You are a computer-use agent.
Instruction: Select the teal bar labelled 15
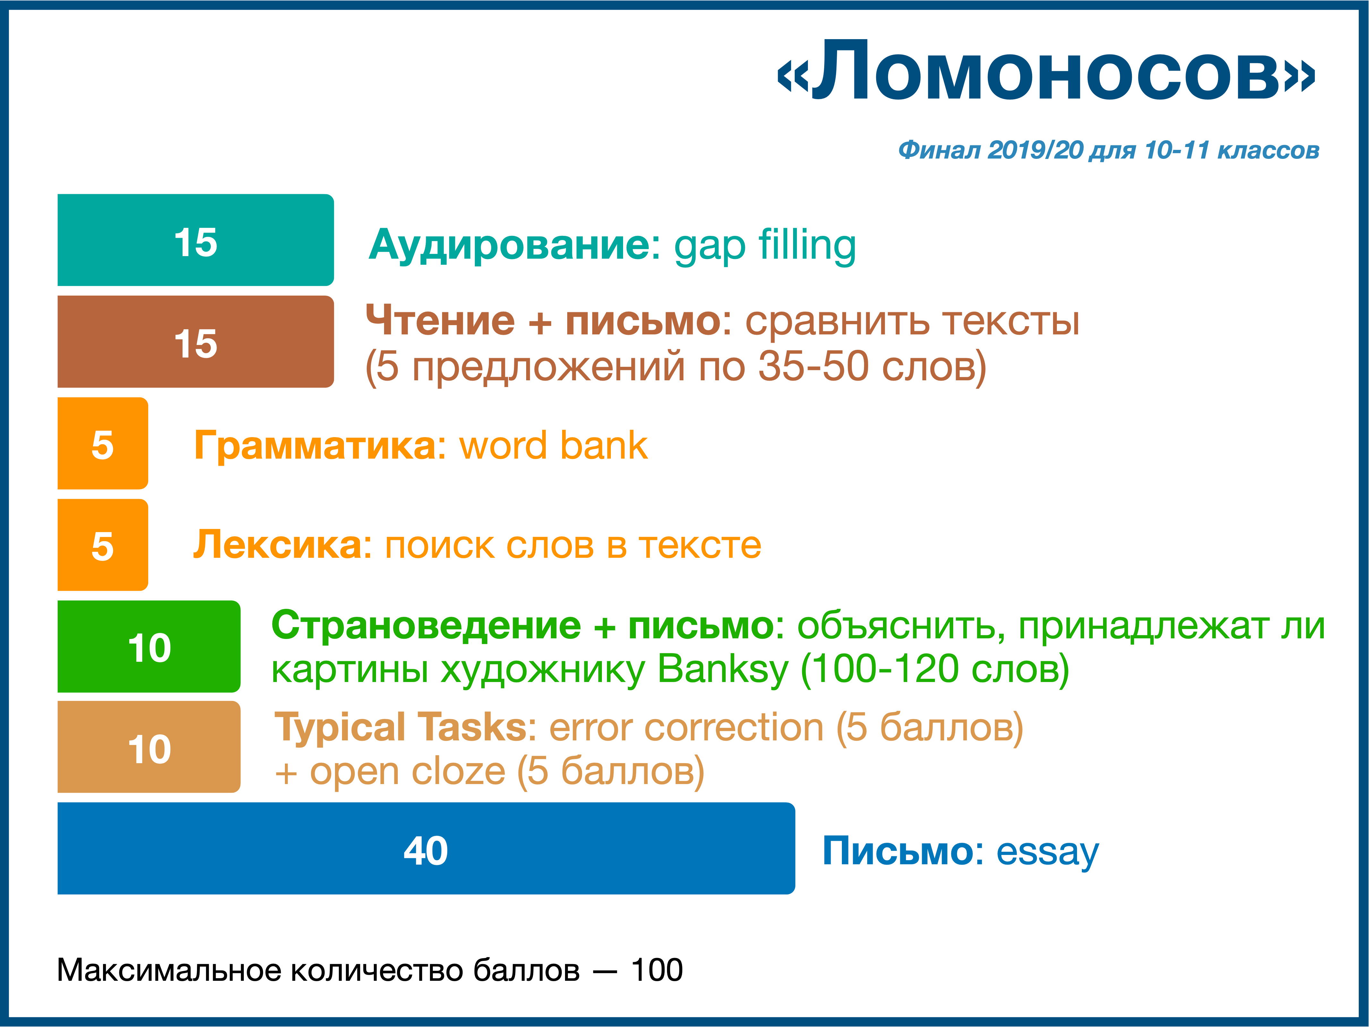(x=196, y=240)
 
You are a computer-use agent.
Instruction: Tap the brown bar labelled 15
(x=196, y=342)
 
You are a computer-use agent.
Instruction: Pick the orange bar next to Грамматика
(x=103, y=443)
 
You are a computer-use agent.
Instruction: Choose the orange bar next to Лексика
(x=103, y=545)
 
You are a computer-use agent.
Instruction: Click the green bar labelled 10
(x=149, y=646)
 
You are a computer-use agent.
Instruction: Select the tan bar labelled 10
(x=149, y=747)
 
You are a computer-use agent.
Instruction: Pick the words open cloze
(x=407, y=772)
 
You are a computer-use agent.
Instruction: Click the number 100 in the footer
(x=657, y=970)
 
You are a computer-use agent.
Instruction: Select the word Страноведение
(x=426, y=626)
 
